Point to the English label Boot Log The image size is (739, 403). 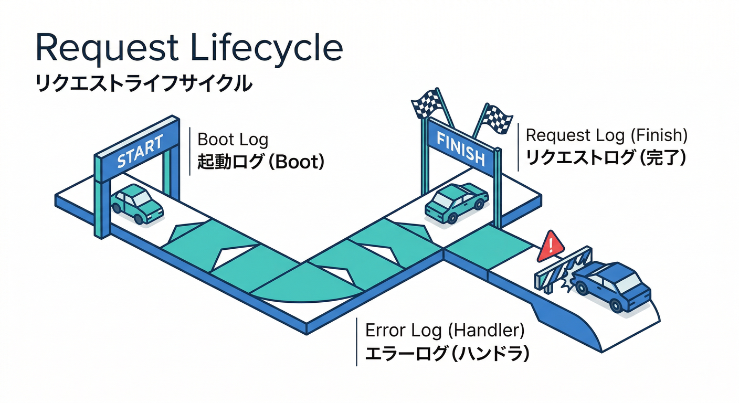click(233, 140)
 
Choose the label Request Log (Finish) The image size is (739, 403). click(606, 135)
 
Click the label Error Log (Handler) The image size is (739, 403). click(445, 331)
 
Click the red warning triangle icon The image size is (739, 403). click(551, 246)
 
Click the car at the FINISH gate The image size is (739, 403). click(456, 203)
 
